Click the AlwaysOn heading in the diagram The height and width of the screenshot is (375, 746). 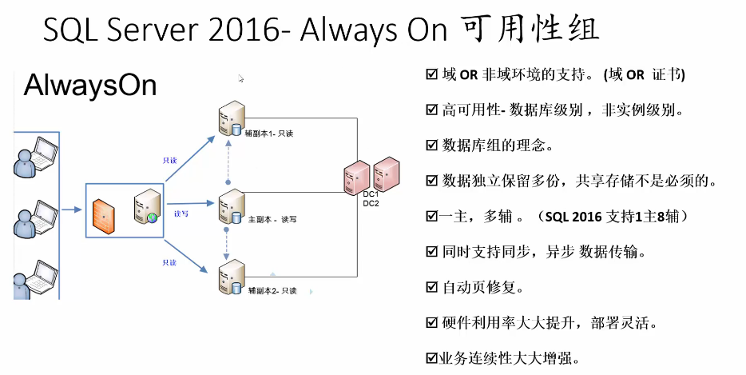pos(90,86)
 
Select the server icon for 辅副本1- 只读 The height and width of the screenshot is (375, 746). pos(229,120)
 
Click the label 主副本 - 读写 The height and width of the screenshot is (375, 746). pos(268,218)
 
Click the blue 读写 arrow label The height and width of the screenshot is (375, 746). pos(181,214)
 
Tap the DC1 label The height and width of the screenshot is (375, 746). pos(371,193)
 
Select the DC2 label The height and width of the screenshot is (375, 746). pos(371,203)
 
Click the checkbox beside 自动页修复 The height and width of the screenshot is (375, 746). pos(432,286)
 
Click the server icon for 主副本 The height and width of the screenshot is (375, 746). pos(230,207)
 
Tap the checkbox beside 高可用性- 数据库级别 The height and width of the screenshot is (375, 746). pos(432,110)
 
